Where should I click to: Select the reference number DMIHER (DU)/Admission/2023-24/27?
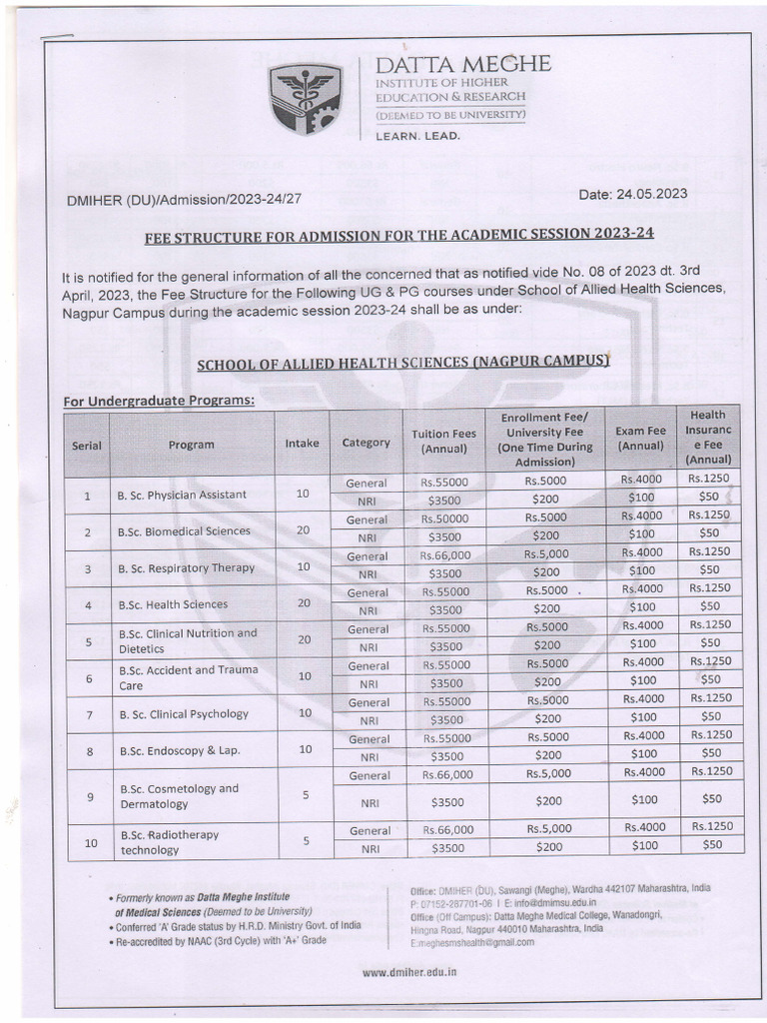pos(184,200)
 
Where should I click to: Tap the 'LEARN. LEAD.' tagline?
pos(417,136)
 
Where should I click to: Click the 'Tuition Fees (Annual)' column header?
pos(444,442)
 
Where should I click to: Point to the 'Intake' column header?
pos(303,442)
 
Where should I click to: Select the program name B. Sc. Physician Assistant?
pos(183,495)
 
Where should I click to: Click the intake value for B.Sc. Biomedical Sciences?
pos(303,530)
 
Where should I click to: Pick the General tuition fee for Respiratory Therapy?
pos(445,556)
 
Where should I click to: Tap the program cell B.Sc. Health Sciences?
pos(173,604)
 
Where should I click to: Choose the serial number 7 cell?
pos(89,714)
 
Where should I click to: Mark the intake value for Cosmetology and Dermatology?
pos(306,795)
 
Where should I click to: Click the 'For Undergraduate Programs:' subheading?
pos(159,401)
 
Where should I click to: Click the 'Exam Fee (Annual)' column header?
pos(640,438)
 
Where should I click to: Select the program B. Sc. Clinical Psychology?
pos(184,714)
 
